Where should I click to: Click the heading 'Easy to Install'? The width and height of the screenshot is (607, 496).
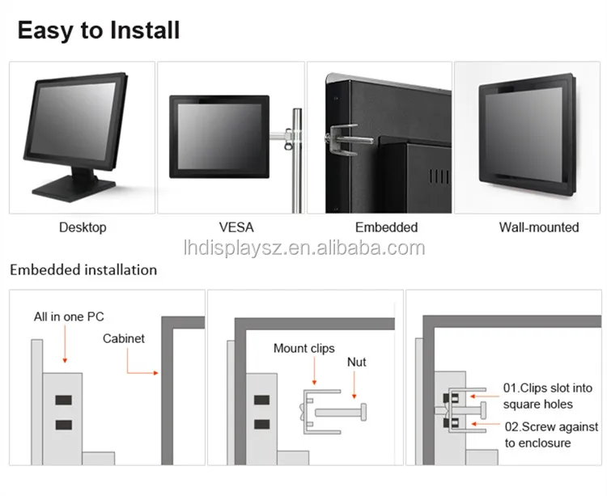click(99, 30)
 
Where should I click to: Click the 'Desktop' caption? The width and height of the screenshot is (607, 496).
click(83, 227)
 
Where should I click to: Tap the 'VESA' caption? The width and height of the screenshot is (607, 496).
click(236, 227)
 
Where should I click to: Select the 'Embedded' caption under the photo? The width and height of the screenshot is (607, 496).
click(386, 227)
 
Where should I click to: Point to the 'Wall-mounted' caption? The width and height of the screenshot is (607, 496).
click(539, 227)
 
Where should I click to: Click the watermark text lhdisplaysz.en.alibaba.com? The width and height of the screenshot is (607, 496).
click(304, 248)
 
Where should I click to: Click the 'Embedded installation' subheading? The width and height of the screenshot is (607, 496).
click(83, 269)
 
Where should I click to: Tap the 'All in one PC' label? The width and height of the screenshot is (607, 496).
click(69, 316)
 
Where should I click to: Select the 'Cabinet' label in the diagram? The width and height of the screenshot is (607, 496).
click(124, 338)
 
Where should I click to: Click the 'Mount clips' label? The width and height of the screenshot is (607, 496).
click(303, 348)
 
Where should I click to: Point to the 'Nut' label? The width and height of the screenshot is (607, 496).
click(357, 362)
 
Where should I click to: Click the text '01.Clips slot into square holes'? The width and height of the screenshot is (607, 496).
click(547, 396)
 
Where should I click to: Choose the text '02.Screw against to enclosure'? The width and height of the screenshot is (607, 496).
click(551, 435)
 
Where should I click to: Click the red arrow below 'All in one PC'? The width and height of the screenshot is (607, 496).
click(65, 344)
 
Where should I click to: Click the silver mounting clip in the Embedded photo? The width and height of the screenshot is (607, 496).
click(346, 140)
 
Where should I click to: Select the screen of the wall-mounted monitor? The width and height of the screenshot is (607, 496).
click(524, 131)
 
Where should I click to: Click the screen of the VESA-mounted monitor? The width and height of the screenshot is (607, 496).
click(219, 136)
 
